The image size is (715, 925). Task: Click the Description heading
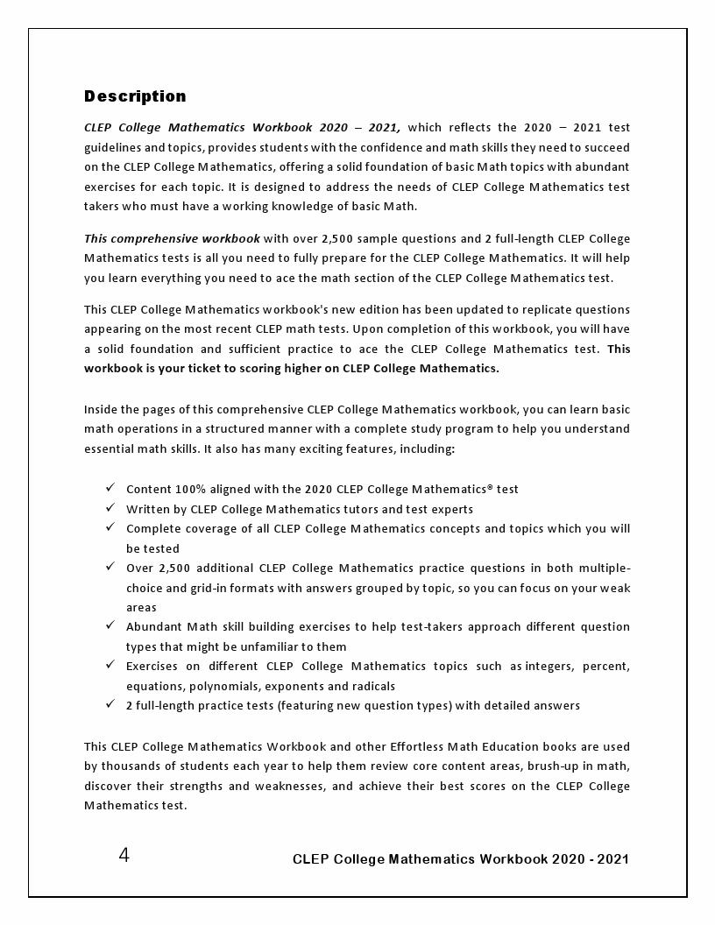point(135,96)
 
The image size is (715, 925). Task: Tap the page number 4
point(124,856)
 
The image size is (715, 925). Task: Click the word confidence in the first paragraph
point(413,147)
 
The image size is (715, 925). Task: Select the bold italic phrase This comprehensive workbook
point(172,238)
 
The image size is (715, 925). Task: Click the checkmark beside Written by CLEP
point(110,508)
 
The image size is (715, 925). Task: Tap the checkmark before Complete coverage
point(110,528)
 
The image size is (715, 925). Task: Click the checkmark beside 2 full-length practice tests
point(110,705)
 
